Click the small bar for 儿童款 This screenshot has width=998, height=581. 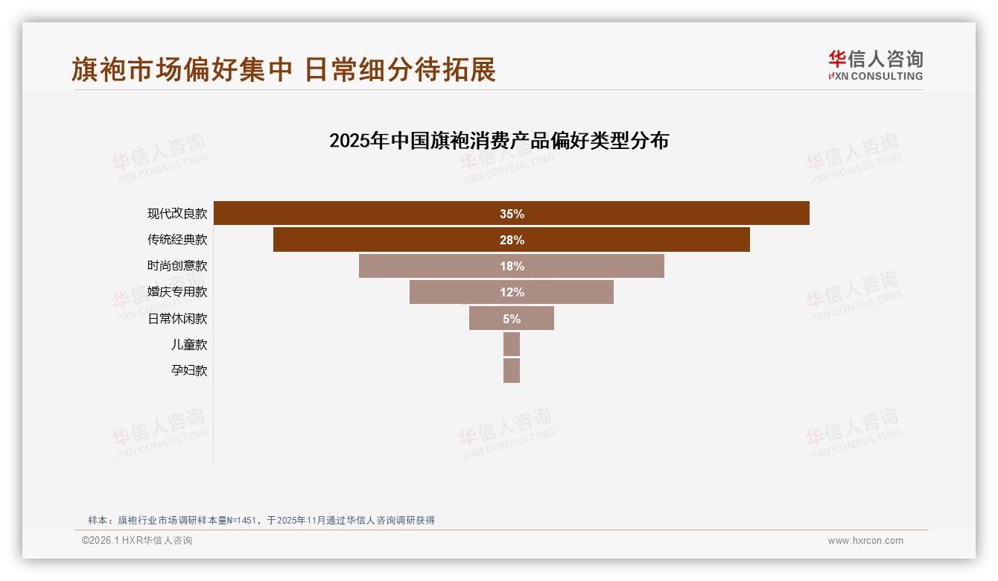pyautogui.click(x=512, y=344)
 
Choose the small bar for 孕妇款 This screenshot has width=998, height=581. pyautogui.click(x=512, y=370)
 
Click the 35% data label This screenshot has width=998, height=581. pyautogui.click(x=512, y=214)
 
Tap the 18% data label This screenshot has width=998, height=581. pyautogui.click(x=512, y=266)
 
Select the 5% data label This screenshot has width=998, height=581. pyautogui.click(x=512, y=319)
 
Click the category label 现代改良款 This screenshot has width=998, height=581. pyautogui.click(x=177, y=214)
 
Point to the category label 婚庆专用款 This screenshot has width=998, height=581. pyautogui.click(x=177, y=292)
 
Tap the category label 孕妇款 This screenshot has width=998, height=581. pyautogui.click(x=189, y=370)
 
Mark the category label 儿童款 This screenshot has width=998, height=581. pyautogui.click(x=189, y=344)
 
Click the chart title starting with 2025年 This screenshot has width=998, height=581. pyautogui.click(x=499, y=140)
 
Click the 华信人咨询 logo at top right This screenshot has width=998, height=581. pyautogui.click(x=875, y=65)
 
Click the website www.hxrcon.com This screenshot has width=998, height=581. pyautogui.click(x=865, y=541)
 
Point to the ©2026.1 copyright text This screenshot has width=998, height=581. pyautogui.click(x=137, y=541)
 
